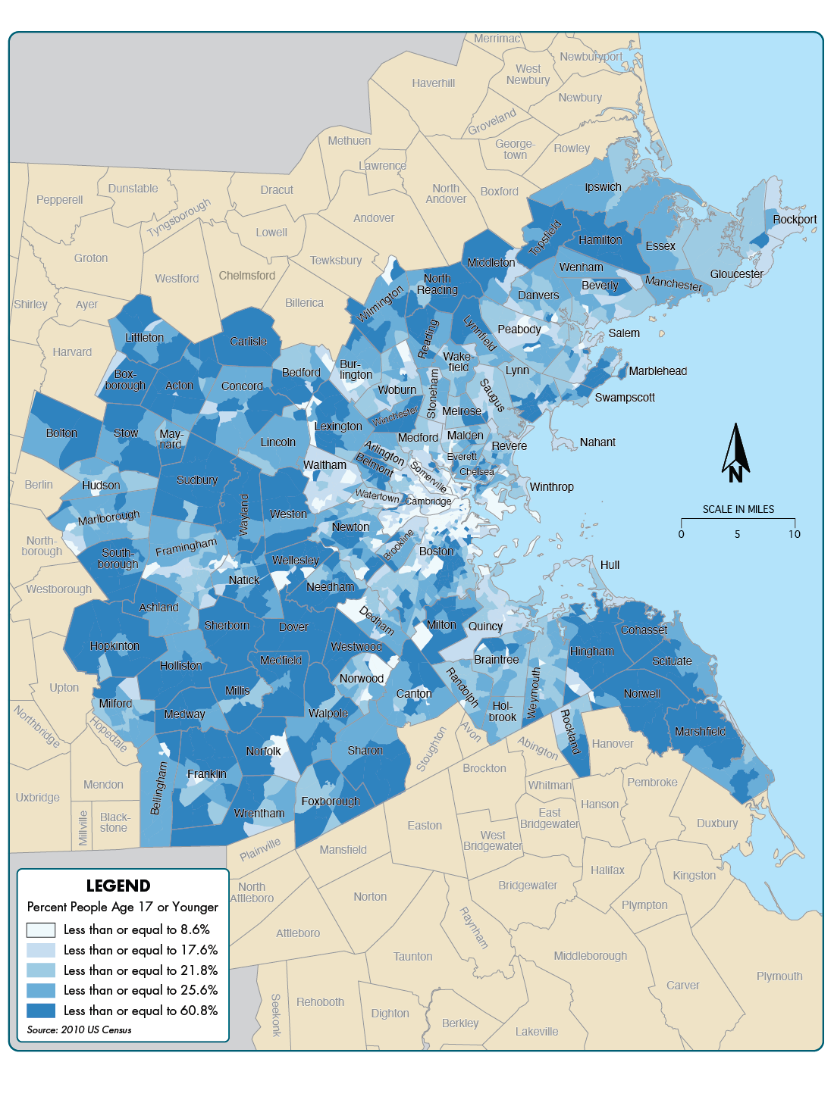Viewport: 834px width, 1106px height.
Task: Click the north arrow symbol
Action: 735,453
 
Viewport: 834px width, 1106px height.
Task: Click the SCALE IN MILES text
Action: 738,509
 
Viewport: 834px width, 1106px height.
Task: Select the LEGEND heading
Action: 118,886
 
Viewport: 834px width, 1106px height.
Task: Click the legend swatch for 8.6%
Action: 41,929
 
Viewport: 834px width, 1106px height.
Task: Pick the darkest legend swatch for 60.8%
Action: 41,1011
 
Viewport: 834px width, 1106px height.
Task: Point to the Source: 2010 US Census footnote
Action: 80,1029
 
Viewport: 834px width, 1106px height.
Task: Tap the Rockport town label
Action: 795,220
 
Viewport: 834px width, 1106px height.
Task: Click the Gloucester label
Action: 736,274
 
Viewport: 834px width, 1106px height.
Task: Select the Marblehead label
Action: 657,371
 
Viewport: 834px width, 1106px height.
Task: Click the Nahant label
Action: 597,442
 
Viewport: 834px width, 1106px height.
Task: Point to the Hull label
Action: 610,565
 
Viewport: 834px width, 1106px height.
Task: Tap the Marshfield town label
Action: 700,732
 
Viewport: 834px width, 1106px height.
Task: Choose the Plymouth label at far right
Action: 779,976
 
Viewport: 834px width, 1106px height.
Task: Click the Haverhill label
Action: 434,83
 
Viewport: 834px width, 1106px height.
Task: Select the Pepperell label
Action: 60,200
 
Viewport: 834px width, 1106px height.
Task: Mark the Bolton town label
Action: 61,433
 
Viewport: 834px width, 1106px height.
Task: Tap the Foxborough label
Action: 331,801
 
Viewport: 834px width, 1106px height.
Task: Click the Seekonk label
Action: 276,1014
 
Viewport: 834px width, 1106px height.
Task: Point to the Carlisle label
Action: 248,342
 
